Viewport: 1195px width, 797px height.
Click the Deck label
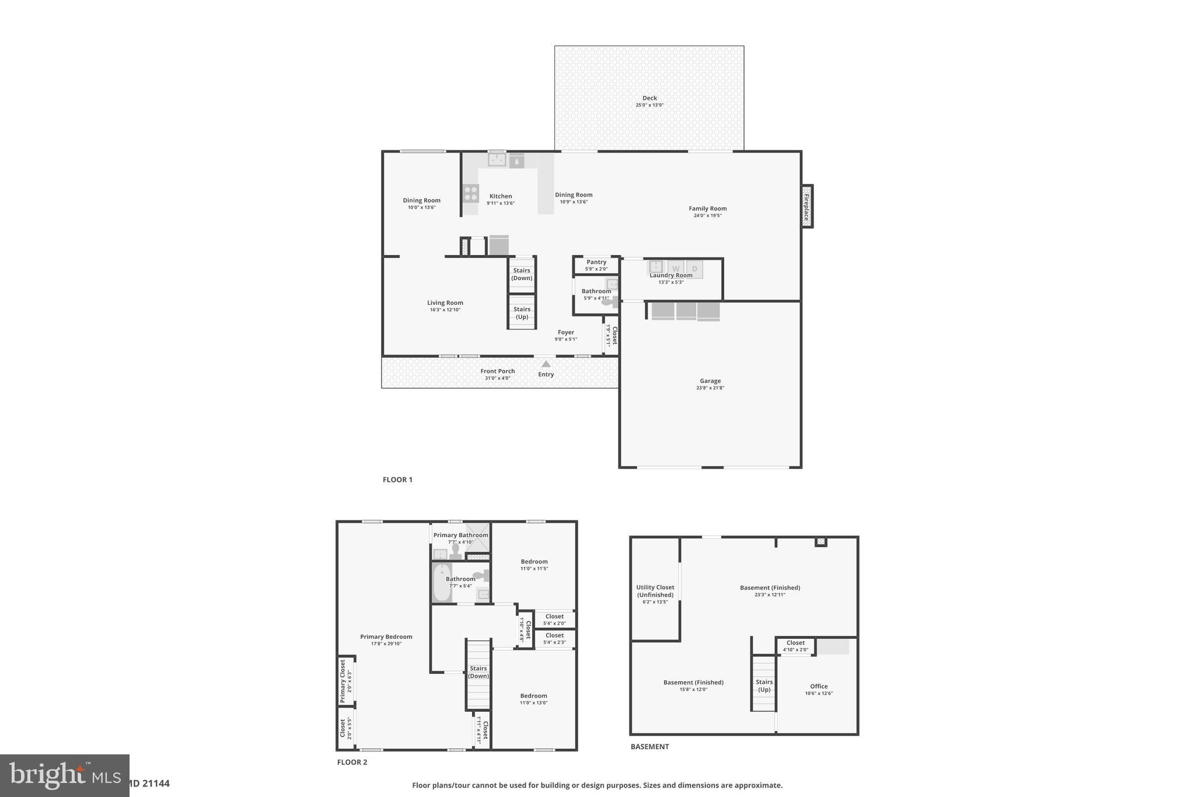(649, 98)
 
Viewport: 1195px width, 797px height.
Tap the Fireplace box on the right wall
(807, 206)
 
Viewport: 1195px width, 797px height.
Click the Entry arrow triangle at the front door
(546, 364)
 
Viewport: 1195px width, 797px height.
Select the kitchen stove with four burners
(470, 193)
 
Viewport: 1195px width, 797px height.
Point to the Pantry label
(596, 262)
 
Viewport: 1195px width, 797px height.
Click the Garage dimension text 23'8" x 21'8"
(710, 388)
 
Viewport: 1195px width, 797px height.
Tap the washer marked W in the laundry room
(676, 269)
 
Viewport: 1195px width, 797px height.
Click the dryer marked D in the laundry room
(694, 269)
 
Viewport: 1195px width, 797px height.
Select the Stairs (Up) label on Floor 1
(522, 313)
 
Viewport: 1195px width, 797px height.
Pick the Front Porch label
(497, 371)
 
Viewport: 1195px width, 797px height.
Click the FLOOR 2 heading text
(352, 762)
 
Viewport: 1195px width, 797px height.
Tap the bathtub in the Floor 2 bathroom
(442, 582)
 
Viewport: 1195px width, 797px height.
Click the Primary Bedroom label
(386, 636)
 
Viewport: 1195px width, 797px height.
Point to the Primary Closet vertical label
(343, 681)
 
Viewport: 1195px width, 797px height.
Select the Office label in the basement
(819, 686)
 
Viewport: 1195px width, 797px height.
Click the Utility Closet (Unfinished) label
(655, 591)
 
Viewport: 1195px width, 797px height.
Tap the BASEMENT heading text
(649, 746)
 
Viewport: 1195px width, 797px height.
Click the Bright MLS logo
(64, 775)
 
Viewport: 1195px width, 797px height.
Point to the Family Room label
(707, 208)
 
